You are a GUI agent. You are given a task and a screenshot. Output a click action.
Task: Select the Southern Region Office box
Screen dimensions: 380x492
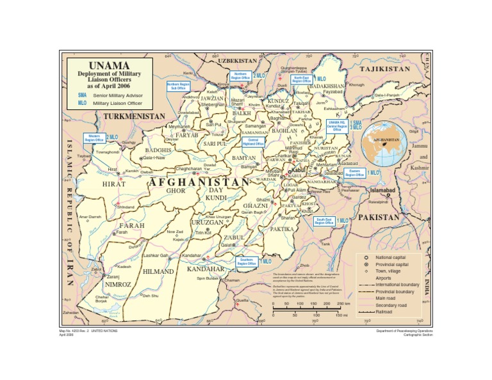pos(247,262)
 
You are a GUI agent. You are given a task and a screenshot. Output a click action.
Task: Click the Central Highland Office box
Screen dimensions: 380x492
pos(253,142)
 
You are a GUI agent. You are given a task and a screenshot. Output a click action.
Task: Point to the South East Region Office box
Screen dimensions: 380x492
pos(324,221)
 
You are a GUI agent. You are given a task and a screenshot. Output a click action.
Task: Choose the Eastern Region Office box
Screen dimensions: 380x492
pos(354,173)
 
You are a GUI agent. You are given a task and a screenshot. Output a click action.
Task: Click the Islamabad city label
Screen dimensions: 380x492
pos(384,191)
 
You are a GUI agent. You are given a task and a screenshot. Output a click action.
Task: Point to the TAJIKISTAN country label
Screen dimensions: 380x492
pos(385,69)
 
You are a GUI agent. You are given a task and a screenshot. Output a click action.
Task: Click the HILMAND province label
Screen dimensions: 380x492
pos(158,272)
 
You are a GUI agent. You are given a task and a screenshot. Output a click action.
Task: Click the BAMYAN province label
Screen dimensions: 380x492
pos(244,157)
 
